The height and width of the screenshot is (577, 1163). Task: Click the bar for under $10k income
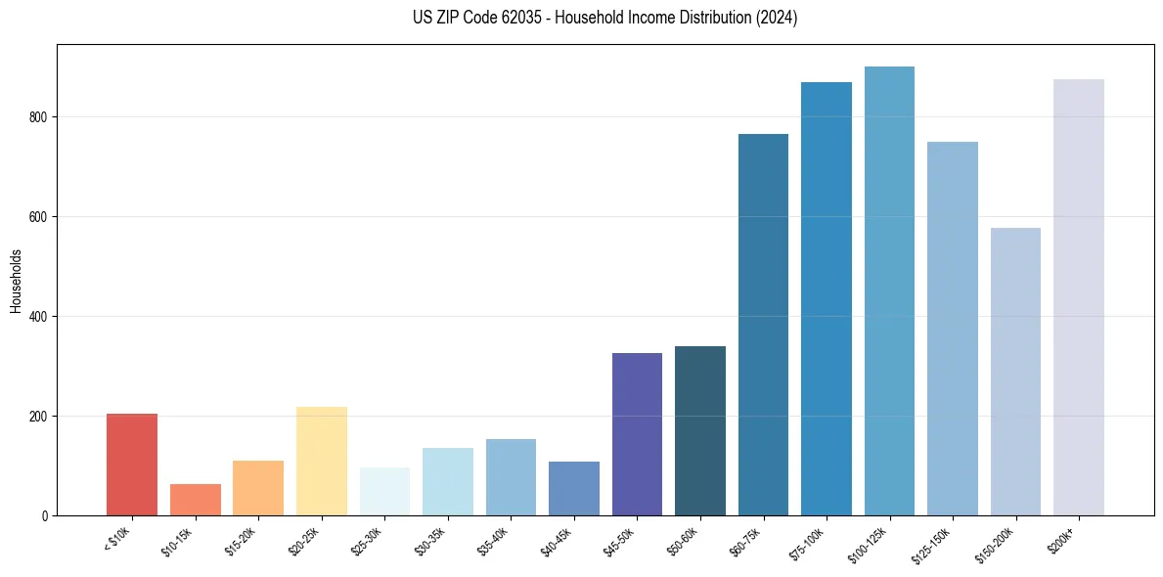coord(132,465)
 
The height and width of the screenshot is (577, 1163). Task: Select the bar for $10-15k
coord(195,500)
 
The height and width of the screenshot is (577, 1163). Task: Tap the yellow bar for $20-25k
coord(321,461)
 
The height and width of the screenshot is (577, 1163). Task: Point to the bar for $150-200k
coord(1015,372)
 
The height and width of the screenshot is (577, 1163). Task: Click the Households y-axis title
coord(16,281)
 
